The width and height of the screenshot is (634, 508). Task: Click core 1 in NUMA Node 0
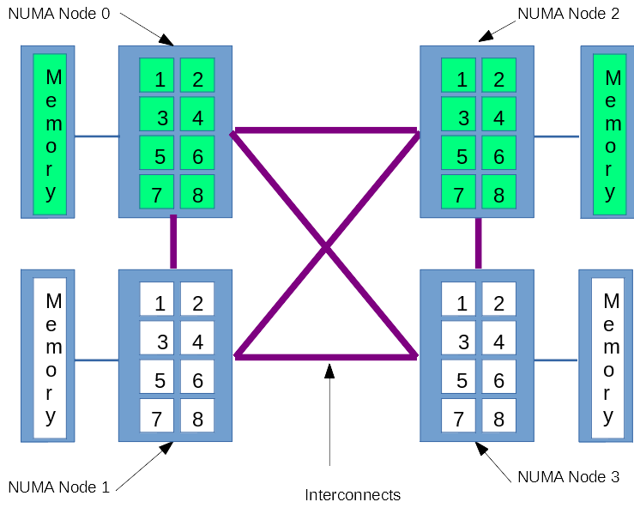point(157,76)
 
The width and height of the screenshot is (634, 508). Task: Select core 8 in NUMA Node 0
point(197,191)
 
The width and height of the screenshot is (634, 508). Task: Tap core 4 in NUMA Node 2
point(498,114)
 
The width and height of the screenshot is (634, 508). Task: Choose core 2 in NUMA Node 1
point(197,299)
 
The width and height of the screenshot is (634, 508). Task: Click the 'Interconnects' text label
point(353,495)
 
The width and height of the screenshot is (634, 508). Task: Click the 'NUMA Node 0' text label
point(59,15)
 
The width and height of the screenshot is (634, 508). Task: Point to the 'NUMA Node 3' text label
point(569,476)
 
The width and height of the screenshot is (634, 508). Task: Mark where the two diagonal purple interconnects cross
point(325,247)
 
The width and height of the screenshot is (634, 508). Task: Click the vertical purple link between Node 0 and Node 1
point(173,243)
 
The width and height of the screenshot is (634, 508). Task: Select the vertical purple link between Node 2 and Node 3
point(478,243)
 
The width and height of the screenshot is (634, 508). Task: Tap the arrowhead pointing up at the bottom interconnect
point(329,371)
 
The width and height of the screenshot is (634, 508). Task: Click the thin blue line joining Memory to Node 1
point(96,360)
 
